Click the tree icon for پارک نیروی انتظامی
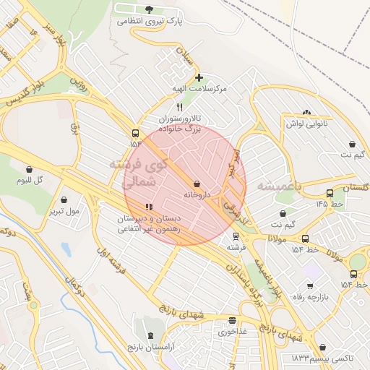(x=150, y=9)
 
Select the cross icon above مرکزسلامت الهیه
(x=199, y=77)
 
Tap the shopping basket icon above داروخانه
(x=197, y=184)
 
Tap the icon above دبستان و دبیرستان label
(x=150, y=207)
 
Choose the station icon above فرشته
(x=235, y=236)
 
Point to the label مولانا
(x=279, y=238)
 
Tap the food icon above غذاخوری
(x=232, y=320)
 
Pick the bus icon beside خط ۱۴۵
(x=330, y=193)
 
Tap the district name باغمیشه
(x=271, y=186)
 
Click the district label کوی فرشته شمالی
(x=138, y=173)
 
